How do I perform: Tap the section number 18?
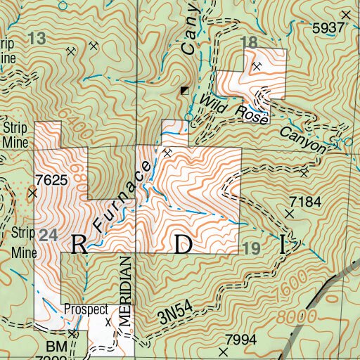249,42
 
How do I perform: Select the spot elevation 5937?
330,27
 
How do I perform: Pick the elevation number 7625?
55,180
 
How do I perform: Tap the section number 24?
47,236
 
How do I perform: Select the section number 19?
251,248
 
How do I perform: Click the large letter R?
78,244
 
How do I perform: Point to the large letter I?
283,245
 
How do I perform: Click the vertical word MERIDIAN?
126,290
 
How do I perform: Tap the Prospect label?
84,309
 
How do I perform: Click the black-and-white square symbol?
184,91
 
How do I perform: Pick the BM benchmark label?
55,347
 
